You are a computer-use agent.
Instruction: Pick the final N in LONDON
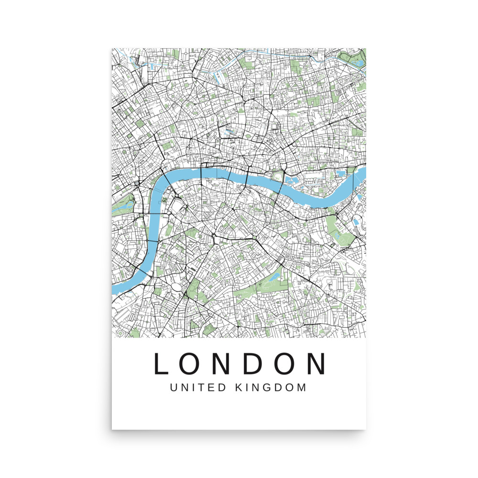(315, 364)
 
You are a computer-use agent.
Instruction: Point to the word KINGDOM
(271, 387)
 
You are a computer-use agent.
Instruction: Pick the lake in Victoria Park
(356, 61)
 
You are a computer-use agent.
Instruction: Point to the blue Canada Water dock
(357, 221)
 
